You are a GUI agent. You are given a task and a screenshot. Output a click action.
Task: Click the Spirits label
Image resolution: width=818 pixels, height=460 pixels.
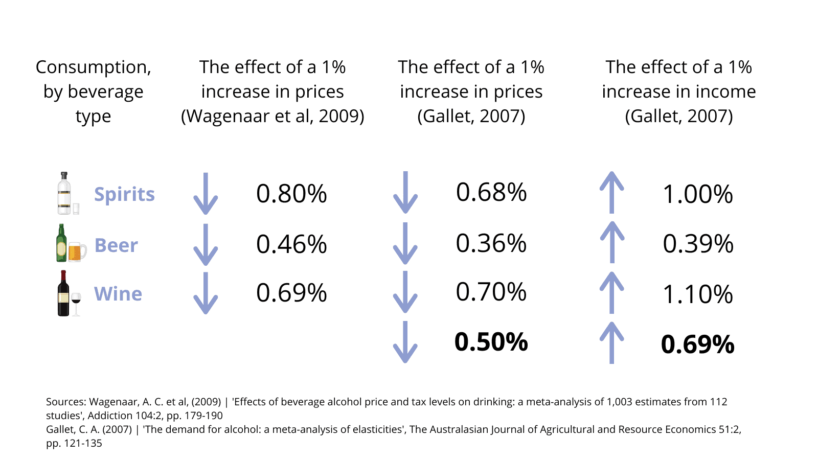coord(124,194)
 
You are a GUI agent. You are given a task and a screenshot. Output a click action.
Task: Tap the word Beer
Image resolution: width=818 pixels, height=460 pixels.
coord(116,245)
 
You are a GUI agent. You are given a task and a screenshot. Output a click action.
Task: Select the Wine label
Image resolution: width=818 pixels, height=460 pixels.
coord(118,294)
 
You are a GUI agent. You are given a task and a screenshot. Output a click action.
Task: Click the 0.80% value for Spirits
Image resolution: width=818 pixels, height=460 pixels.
coord(291,194)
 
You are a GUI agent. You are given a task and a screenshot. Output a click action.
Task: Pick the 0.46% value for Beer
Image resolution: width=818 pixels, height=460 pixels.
coord(291,244)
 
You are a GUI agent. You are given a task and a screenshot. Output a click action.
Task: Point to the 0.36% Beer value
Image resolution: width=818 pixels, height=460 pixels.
coord(491,243)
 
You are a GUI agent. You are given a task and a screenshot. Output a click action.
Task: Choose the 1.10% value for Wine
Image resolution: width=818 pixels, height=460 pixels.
coord(698,294)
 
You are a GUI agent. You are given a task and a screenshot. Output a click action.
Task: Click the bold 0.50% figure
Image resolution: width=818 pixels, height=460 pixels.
coord(491,342)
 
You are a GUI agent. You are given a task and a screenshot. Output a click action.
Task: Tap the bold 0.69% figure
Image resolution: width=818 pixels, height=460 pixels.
coord(697,344)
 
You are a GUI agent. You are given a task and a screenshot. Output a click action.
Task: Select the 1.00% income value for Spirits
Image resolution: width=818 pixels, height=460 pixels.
coord(698,195)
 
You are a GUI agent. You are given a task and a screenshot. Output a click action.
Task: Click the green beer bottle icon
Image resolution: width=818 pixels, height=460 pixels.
coord(61,243)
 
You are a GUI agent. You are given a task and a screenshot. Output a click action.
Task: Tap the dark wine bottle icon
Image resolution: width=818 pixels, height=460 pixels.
coord(63,293)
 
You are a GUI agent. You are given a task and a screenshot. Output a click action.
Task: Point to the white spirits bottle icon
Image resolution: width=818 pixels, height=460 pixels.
coord(64,193)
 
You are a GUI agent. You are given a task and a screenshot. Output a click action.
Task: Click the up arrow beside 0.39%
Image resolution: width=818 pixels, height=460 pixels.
coord(612,242)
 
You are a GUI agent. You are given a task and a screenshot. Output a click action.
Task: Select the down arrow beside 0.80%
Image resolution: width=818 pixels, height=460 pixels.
coord(206,194)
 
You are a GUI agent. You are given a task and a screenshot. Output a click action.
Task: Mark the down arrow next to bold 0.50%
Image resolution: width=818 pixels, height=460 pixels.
coord(405,342)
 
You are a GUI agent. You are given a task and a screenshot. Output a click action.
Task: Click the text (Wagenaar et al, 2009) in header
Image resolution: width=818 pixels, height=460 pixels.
coord(272,117)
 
